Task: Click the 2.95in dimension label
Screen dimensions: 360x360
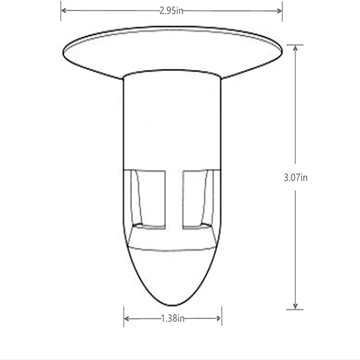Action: (171, 11)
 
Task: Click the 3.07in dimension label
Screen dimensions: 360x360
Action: (296, 177)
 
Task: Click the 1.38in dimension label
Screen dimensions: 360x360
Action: (173, 319)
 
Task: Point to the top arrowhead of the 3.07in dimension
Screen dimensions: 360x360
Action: (295, 48)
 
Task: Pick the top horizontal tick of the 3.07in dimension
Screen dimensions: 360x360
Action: (295, 45)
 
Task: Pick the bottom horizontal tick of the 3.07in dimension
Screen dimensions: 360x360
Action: (295, 309)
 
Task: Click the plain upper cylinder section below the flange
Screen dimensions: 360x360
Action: (173, 121)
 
